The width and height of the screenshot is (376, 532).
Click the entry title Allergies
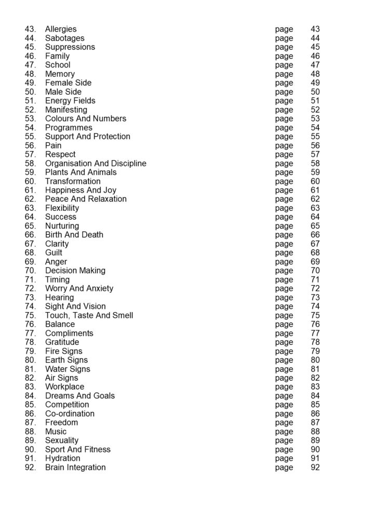tap(61, 29)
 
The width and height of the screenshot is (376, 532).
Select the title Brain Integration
tap(75, 467)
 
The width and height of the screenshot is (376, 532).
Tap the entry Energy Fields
tap(70, 101)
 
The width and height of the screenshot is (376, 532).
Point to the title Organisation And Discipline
tap(96, 163)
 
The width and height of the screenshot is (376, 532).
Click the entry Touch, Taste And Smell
tap(89, 315)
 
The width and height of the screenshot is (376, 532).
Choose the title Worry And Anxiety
tap(79, 288)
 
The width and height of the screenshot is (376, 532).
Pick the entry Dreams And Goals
tap(80, 396)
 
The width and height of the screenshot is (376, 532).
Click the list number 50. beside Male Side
tap(30, 92)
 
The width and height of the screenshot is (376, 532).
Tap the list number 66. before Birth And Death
tap(30, 235)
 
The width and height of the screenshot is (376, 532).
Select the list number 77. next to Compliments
tap(30, 333)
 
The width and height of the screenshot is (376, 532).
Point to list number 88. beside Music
tap(30, 432)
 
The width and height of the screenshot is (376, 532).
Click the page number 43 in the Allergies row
tap(315, 29)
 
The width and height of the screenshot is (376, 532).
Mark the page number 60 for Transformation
tap(315, 181)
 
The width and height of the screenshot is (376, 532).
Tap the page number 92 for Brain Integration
tap(315, 467)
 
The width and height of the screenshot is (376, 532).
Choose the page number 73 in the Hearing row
tap(315, 298)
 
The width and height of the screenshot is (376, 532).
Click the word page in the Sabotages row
tap(284, 38)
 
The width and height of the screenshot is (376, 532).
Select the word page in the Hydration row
tap(284, 459)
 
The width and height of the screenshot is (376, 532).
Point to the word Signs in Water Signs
tap(79, 369)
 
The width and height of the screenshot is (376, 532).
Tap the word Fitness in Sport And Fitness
tap(97, 449)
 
